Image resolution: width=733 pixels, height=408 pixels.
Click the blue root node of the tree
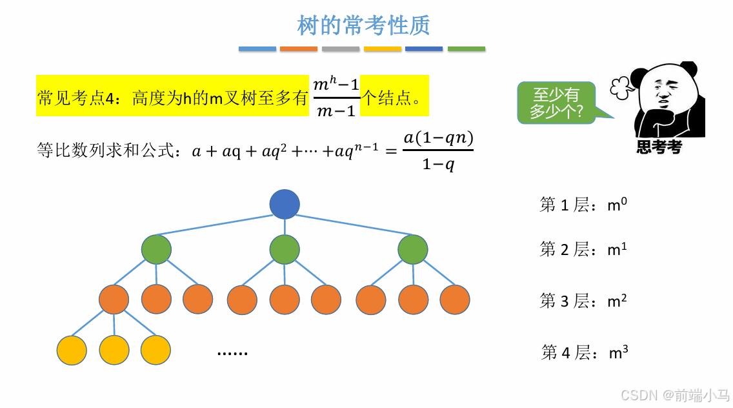pyautogui.click(x=285, y=204)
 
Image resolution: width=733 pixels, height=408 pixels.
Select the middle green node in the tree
pyautogui.click(x=285, y=250)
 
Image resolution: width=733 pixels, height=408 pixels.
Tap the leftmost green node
pyautogui.click(x=156, y=250)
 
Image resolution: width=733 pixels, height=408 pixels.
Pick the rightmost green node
pyautogui.click(x=413, y=250)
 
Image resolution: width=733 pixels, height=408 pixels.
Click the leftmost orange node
pyautogui.click(x=114, y=300)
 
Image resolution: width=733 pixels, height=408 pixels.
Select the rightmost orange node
pyautogui.click(x=455, y=300)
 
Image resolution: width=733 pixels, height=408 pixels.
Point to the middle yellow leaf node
pyautogui.click(x=114, y=350)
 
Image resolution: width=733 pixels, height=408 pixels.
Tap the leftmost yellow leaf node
pyautogui.click(x=72, y=350)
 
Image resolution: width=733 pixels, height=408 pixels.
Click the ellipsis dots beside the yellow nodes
pyautogui.click(x=232, y=352)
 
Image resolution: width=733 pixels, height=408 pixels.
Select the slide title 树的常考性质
pyautogui.click(x=363, y=26)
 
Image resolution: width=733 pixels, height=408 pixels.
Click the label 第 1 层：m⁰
pyautogui.click(x=583, y=205)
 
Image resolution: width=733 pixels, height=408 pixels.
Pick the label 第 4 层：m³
pyautogui.click(x=585, y=352)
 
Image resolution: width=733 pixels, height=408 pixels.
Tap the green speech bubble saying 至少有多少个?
pyautogui.click(x=556, y=103)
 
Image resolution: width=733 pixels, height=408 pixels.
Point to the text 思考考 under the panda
pyautogui.click(x=659, y=148)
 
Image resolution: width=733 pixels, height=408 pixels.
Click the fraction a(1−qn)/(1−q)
pyautogui.click(x=438, y=151)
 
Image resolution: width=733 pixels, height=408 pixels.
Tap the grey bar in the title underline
pyautogui.click(x=341, y=48)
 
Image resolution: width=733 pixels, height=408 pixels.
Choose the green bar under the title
pyautogui.click(x=466, y=48)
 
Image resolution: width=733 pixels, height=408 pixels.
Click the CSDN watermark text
pyautogui.click(x=674, y=395)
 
